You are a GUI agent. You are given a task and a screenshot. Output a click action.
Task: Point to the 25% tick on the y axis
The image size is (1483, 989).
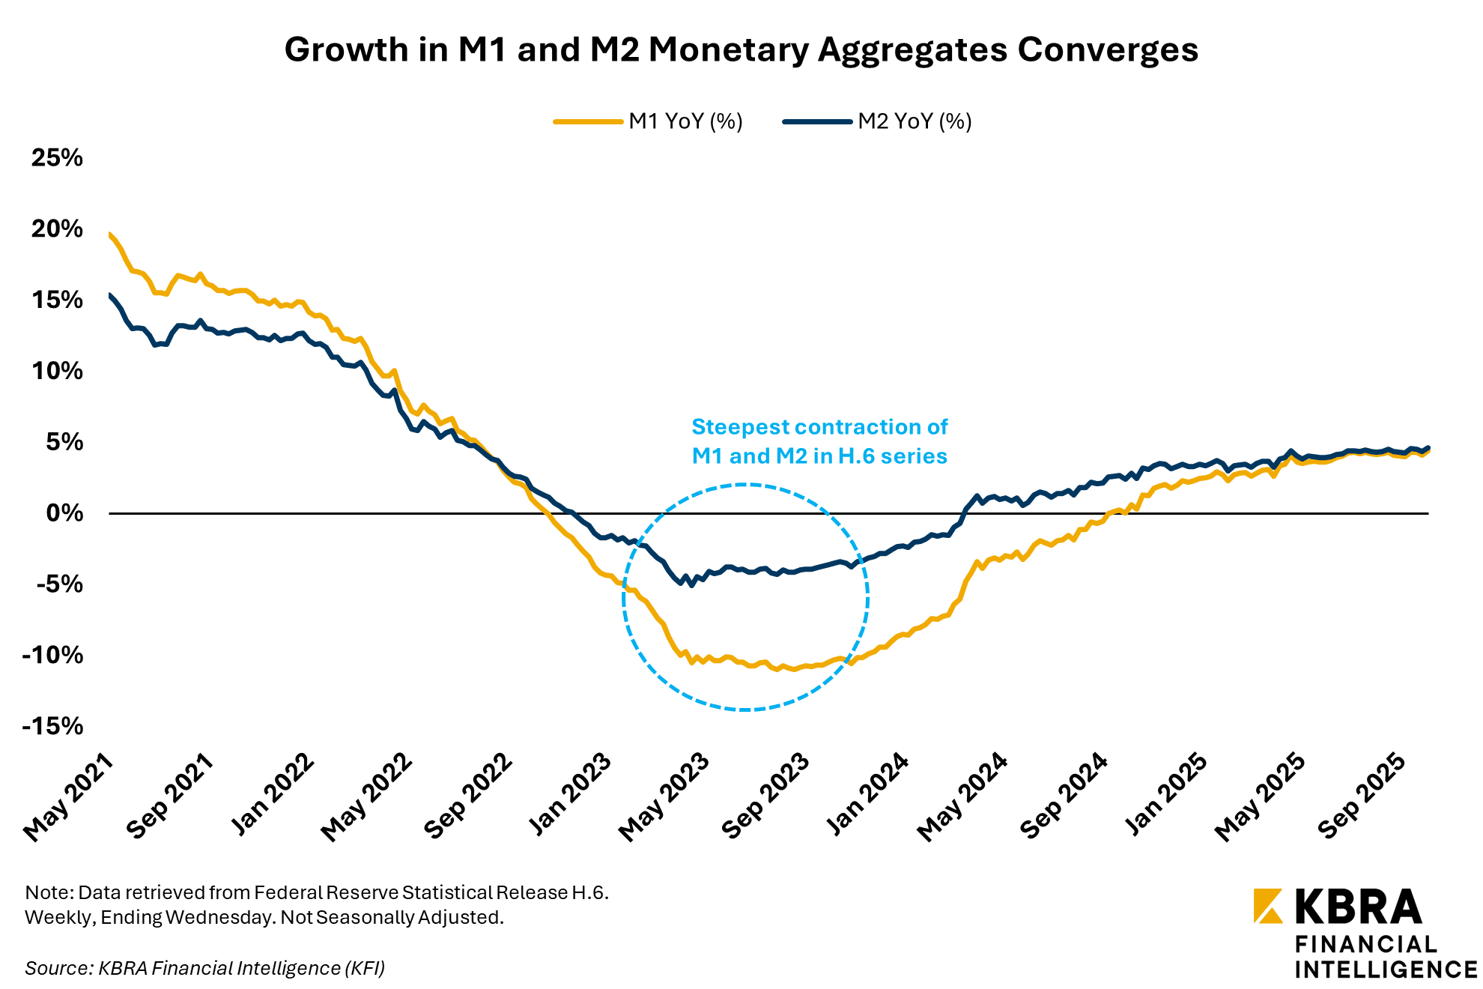coord(57,157)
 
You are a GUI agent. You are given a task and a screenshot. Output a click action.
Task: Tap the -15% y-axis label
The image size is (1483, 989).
coord(52,726)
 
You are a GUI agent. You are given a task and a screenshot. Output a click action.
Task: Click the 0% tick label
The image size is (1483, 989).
coord(64,513)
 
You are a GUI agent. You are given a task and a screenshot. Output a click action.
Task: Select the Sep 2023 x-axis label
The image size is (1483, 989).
coord(765,796)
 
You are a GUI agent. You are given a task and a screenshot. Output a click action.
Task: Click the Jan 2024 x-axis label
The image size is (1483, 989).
coord(867,796)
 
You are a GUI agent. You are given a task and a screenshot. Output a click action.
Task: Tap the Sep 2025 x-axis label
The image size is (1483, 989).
coord(1362,796)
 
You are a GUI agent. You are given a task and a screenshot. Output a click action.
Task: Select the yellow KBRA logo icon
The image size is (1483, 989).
coord(1267,906)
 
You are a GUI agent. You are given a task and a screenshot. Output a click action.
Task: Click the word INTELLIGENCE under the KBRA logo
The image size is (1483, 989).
coord(1386,970)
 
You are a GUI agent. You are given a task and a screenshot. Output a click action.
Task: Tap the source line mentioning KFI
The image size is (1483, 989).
coord(204,968)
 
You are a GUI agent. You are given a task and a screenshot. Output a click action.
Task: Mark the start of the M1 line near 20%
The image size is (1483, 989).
coord(111,235)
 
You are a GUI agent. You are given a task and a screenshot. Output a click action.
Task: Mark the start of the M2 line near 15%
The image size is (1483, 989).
coord(111,296)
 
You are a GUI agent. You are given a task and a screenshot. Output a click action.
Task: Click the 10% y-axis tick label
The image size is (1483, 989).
coord(57,371)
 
